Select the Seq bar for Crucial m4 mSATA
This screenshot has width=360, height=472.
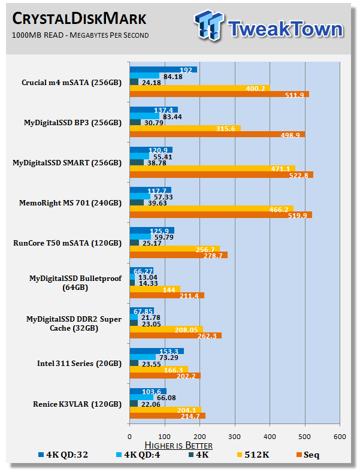219,94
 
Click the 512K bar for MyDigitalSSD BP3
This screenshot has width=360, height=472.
185,128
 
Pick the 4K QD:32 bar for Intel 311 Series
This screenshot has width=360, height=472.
156,351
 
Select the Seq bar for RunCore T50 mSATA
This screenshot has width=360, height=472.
179,255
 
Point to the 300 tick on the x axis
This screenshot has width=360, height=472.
235,437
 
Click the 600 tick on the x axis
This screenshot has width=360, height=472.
340,437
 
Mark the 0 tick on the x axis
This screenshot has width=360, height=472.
130,437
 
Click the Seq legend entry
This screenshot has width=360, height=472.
305,455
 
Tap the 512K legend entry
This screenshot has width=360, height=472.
252,455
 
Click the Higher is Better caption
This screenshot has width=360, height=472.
179,445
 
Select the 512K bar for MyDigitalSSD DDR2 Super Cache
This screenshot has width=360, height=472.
167,329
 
